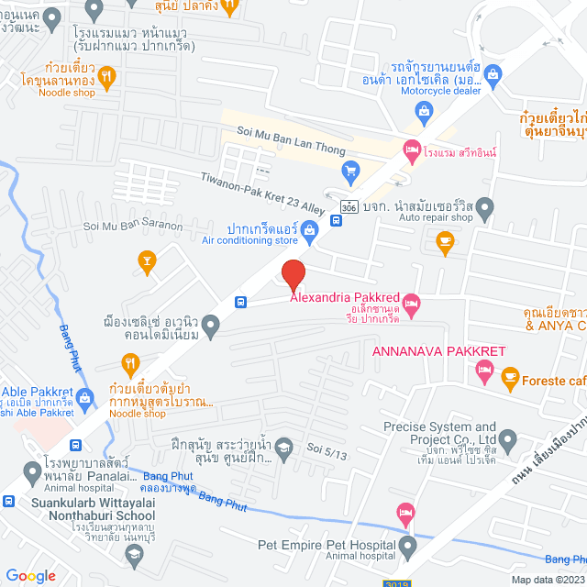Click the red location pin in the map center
[292, 274]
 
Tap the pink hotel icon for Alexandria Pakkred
[412, 303]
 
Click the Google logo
[30, 575]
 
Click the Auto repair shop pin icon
[484, 206]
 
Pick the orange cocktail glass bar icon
[145, 261]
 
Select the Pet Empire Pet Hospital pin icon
[407, 548]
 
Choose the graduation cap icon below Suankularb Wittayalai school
[135, 552]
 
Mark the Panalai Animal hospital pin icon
[32, 473]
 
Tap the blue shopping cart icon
[349, 171]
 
